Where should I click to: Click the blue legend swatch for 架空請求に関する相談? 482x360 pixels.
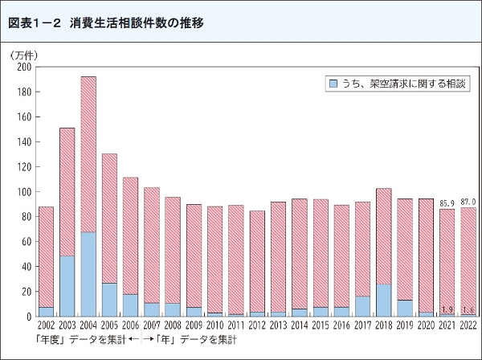pyautogui.click(x=333, y=83)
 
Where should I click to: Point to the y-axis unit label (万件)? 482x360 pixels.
pyautogui.click(x=24, y=55)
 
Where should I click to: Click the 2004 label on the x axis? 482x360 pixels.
pyautogui.click(x=88, y=325)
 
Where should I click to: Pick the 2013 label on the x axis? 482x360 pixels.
pyautogui.click(x=278, y=325)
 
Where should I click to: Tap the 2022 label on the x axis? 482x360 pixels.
pyautogui.click(x=468, y=325)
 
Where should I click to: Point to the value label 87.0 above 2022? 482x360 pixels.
pyautogui.click(x=468, y=201)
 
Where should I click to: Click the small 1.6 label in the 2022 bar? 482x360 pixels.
pyautogui.click(x=468, y=309)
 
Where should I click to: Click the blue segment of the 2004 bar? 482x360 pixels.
pyautogui.click(x=88, y=274)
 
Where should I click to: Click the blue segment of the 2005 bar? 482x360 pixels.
pyautogui.click(x=109, y=299)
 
